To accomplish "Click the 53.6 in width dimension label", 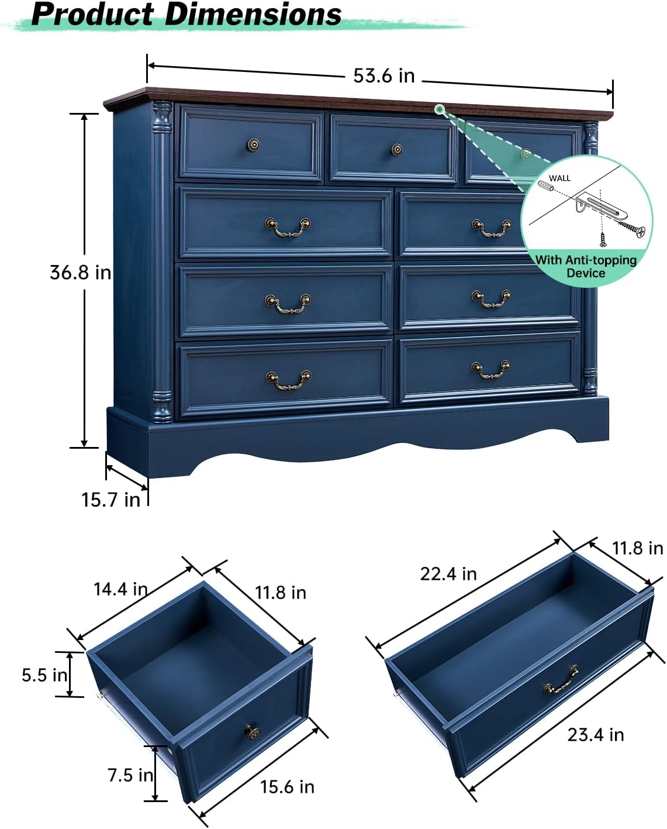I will (x=383, y=76).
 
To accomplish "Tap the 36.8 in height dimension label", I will (x=80, y=273).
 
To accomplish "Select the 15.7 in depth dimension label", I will (x=110, y=500).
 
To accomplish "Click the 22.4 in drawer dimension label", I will (x=448, y=574).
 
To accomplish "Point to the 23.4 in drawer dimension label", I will (x=595, y=735).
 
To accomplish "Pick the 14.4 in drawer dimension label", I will (x=120, y=589).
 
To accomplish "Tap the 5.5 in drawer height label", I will (x=44, y=675).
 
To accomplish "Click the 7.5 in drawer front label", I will (x=130, y=775).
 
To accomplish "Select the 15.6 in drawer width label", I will (x=287, y=787).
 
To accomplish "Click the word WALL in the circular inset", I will (x=559, y=178).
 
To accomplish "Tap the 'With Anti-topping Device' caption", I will (x=586, y=267).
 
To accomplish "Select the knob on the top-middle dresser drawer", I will (x=397, y=150).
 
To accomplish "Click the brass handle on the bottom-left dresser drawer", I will (x=288, y=380).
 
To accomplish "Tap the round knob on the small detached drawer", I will (x=252, y=731).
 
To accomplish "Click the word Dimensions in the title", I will (x=253, y=14).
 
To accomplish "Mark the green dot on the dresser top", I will (x=440, y=109).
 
